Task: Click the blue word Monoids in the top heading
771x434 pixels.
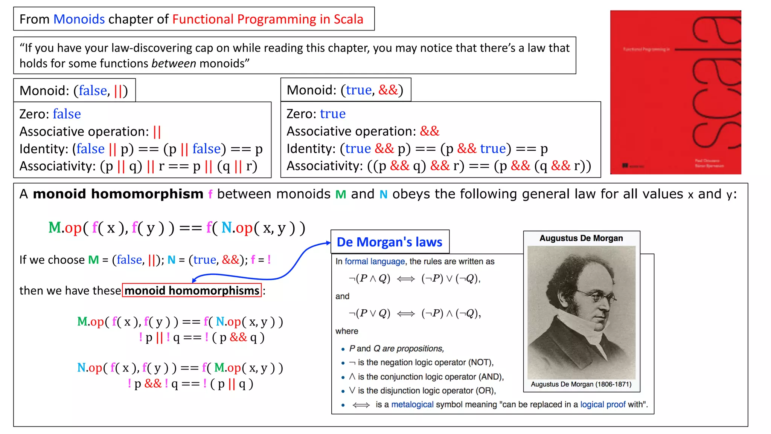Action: (79, 19)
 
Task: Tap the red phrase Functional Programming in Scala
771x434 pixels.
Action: (268, 19)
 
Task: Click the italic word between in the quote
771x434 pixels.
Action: (174, 63)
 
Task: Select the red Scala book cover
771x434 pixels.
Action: (675, 92)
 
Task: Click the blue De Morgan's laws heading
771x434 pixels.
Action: (389, 242)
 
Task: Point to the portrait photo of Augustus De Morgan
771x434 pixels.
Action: (581, 312)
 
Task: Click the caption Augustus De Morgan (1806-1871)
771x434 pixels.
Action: (581, 384)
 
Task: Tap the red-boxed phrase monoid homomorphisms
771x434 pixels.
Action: (192, 290)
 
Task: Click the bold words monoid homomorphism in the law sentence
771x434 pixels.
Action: (118, 194)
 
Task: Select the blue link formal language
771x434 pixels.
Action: (375, 261)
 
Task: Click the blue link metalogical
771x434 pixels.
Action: (412, 405)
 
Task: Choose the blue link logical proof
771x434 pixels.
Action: (603, 405)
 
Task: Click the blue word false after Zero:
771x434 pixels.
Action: (67, 114)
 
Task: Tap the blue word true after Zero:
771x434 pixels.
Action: (332, 114)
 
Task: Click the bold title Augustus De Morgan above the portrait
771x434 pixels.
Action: (581, 238)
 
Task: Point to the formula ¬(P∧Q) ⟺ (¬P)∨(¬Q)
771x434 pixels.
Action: (414, 279)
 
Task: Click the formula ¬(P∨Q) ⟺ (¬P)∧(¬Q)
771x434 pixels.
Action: (414, 313)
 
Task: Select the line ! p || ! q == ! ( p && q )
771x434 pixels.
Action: (201, 338)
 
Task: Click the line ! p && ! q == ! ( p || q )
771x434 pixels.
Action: (190, 384)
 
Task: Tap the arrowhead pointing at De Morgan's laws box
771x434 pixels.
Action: (329, 243)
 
